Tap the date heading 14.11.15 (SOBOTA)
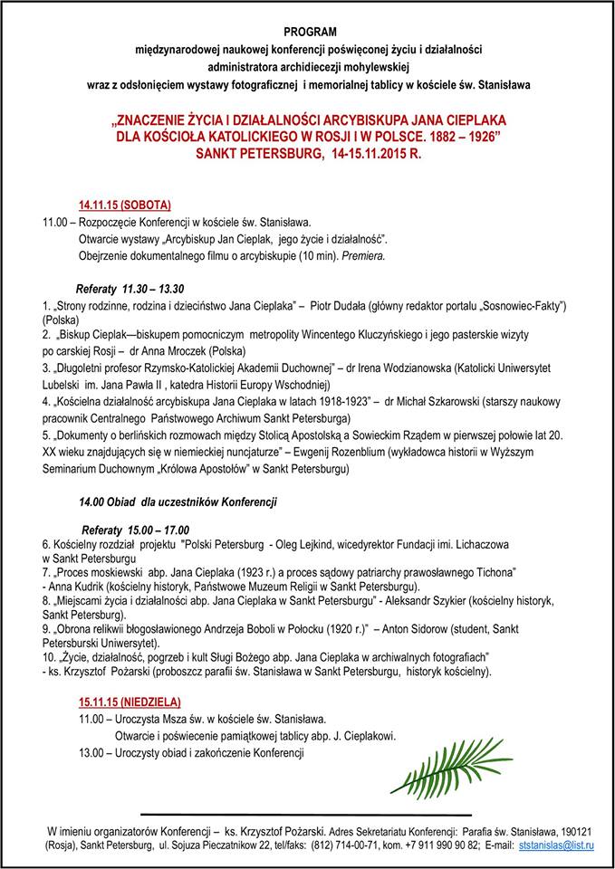coord(124,204)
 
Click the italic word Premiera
coord(363,256)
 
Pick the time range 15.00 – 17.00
coord(157,529)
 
